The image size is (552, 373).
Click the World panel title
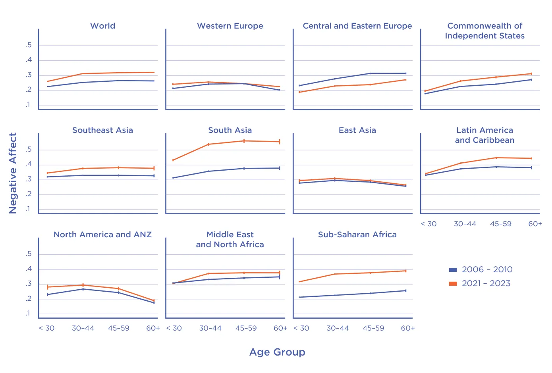click(x=103, y=26)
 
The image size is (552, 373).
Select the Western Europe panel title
click(x=230, y=26)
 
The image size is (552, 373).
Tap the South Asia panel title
click(x=230, y=130)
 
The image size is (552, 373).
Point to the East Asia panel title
click(x=357, y=130)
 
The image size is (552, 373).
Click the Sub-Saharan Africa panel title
click(x=357, y=235)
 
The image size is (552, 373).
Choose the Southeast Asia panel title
click(x=102, y=130)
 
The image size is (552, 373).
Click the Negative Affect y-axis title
click(x=13, y=173)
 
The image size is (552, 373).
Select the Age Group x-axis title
click(x=277, y=352)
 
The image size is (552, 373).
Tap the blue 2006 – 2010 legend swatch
click(x=453, y=270)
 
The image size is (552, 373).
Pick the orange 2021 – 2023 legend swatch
click(x=453, y=283)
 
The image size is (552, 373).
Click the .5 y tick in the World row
click(x=29, y=45)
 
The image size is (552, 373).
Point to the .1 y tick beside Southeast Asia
click(x=29, y=209)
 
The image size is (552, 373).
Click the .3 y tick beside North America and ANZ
click(x=29, y=284)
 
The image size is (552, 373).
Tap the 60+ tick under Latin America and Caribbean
click(x=535, y=224)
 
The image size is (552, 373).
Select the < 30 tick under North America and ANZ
click(x=46, y=328)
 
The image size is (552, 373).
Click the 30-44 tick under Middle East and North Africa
click(x=210, y=328)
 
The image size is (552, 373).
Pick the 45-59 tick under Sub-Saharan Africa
click(x=373, y=328)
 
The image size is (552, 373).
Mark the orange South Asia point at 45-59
click(x=244, y=141)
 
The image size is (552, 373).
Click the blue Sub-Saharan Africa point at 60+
click(x=405, y=291)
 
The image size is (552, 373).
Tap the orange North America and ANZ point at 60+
click(x=154, y=301)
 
